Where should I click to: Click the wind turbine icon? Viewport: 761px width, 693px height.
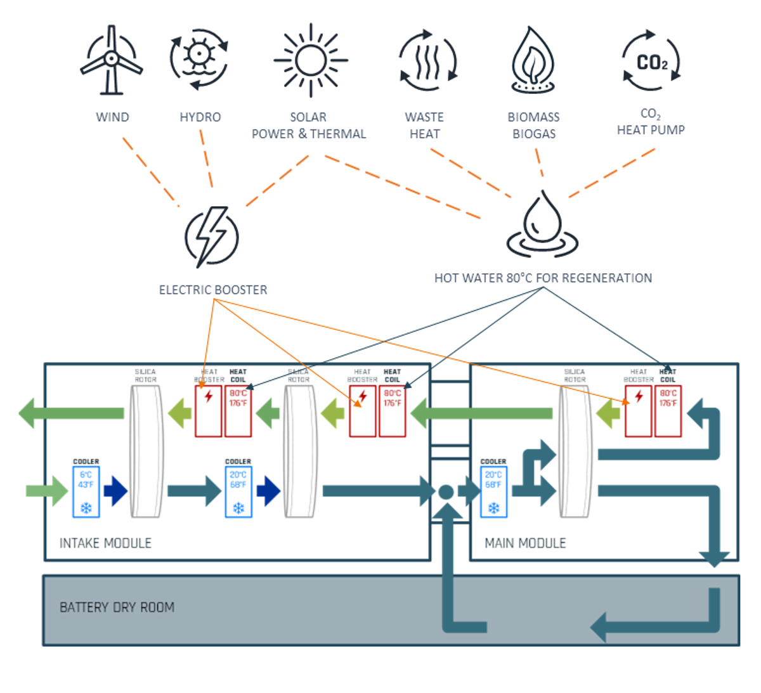(x=111, y=60)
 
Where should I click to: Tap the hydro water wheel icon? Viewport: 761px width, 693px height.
(x=198, y=58)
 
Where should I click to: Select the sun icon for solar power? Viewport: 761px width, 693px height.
(x=310, y=60)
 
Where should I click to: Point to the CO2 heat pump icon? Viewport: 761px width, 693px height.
(x=651, y=62)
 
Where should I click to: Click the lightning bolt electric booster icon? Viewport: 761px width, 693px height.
(x=212, y=236)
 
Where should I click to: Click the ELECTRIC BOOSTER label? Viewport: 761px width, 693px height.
(x=213, y=290)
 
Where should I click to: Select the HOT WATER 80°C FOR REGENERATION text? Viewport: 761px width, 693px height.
(x=543, y=278)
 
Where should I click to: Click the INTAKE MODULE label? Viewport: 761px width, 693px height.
(x=105, y=543)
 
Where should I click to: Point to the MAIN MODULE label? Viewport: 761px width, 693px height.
(x=525, y=543)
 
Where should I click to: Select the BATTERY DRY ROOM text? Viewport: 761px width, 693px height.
(x=117, y=607)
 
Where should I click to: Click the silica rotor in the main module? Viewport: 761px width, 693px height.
(x=575, y=451)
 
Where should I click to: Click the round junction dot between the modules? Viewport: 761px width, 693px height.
(x=446, y=492)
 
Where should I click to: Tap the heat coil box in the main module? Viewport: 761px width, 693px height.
(x=668, y=411)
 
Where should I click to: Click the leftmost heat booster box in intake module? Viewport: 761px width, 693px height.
(x=208, y=411)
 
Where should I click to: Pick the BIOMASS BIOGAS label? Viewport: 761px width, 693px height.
(x=533, y=126)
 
